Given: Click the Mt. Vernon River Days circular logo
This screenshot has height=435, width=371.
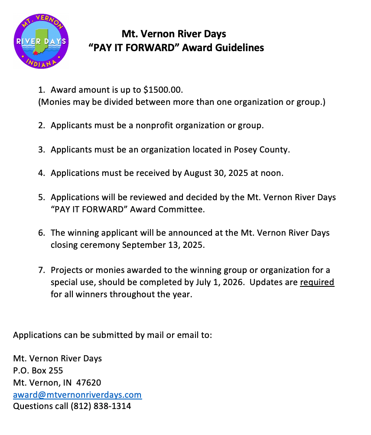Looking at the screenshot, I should click(41, 41).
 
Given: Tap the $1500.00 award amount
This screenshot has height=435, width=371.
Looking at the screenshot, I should click(163, 90).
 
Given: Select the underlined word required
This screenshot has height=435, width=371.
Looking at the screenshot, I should click(317, 282).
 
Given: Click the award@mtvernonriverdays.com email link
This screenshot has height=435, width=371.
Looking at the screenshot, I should click(77, 395).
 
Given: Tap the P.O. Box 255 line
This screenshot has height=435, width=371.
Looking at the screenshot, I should click(38, 371).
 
